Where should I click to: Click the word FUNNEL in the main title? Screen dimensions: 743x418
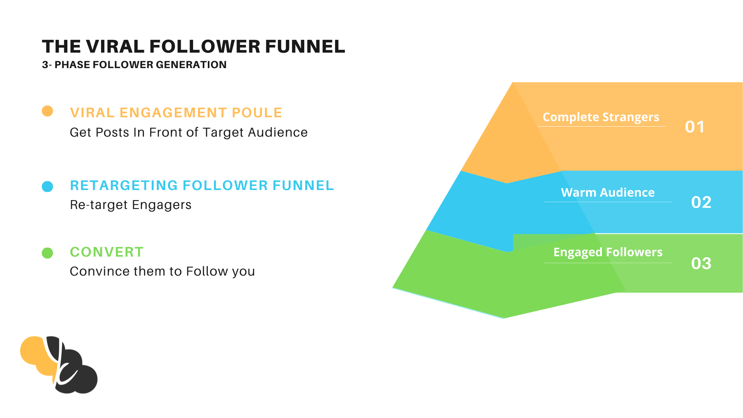[305, 46]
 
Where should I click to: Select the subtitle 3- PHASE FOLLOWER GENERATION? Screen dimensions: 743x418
[134, 65]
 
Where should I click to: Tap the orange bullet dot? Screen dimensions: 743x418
[47, 111]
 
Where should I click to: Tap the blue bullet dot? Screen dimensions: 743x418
[47, 187]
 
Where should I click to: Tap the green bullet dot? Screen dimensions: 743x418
[47, 253]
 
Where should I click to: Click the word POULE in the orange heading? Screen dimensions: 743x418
[257, 113]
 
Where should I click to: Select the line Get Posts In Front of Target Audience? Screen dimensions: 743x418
[189, 132]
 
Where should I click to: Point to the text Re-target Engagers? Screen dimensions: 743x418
[131, 205]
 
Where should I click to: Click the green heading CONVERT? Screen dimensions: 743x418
[107, 252]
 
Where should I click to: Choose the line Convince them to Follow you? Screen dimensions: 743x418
[163, 271]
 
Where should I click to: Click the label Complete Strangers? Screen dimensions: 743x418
[601, 117]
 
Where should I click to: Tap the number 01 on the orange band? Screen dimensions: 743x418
[695, 127]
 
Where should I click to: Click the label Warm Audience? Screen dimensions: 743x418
[608, 192]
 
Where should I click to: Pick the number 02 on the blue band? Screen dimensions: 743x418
[701, 202]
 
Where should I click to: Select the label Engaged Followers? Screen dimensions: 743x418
[608, 252]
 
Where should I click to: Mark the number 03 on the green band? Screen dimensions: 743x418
[701, 264]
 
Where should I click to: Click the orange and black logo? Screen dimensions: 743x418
[59, 365]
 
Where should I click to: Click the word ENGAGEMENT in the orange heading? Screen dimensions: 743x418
[173, 113]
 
